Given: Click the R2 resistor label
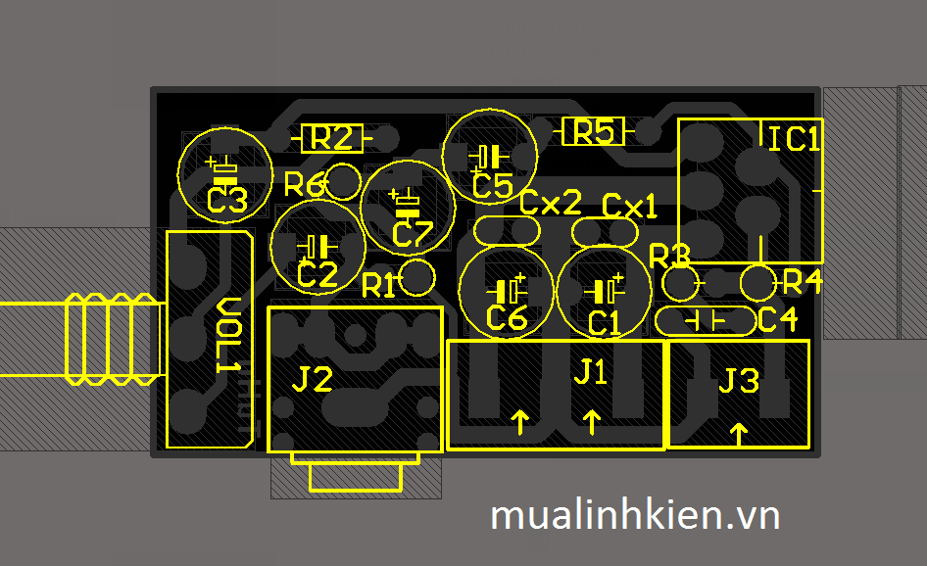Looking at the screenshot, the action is click(331, 138).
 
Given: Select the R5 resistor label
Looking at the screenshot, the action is click(593, 131).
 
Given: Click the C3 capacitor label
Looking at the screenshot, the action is click(227, 202).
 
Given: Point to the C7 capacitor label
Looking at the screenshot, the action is click(412, 234).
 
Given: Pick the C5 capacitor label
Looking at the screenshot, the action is click(492, 185).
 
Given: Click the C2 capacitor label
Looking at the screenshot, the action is click(317, 276).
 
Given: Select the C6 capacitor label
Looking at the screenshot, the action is click(507, 318).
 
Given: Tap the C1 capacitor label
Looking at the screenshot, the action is click(604, 322).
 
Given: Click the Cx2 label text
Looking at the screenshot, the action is click(551, 203).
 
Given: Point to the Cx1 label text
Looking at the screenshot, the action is click(629, 207).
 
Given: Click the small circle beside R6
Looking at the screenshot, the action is click(343, 180).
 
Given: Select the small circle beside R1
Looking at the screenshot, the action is click(417, 277).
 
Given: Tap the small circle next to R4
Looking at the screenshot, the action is click(756, 283).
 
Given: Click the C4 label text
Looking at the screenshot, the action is click(778, 319).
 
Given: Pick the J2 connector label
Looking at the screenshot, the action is click(314, 379).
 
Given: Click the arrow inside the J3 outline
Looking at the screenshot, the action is click(739, 431).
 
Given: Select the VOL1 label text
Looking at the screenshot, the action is click(227, 335).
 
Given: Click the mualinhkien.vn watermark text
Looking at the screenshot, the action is click(635, 514).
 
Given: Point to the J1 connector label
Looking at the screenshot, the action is click(590, 371).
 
